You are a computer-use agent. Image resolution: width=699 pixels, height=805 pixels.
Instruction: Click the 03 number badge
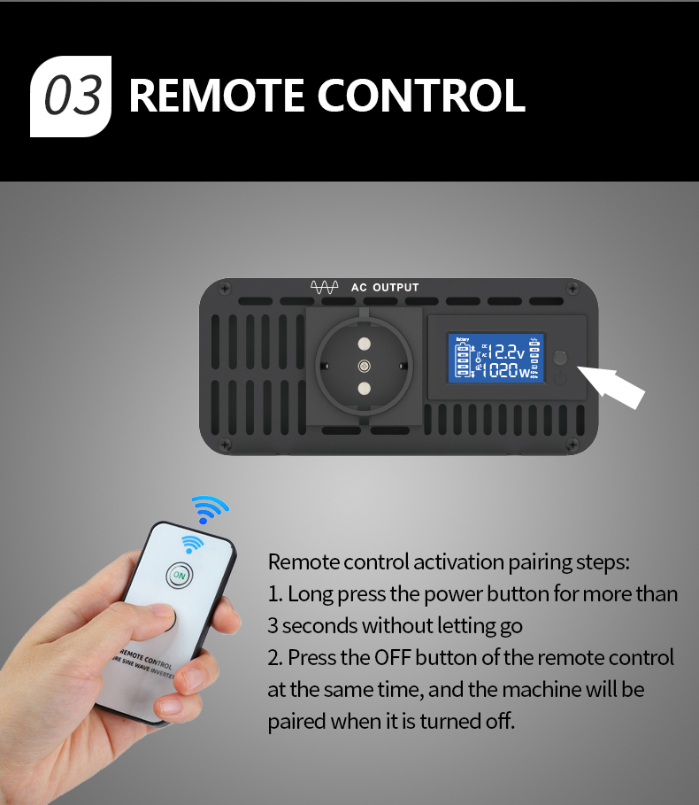72,96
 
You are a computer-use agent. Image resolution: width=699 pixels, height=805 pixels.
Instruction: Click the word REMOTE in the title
216,96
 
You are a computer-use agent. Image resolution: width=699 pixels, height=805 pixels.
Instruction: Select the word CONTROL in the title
422,96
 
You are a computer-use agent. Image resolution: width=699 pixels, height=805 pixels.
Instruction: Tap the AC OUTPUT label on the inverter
385,288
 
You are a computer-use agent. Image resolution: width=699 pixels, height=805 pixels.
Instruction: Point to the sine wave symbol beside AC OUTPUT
325,288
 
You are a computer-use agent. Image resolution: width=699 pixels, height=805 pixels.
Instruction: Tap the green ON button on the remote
180,576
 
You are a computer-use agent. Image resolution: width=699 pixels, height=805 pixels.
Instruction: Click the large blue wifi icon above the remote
210,509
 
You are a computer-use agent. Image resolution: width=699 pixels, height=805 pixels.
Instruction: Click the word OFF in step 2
393,658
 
